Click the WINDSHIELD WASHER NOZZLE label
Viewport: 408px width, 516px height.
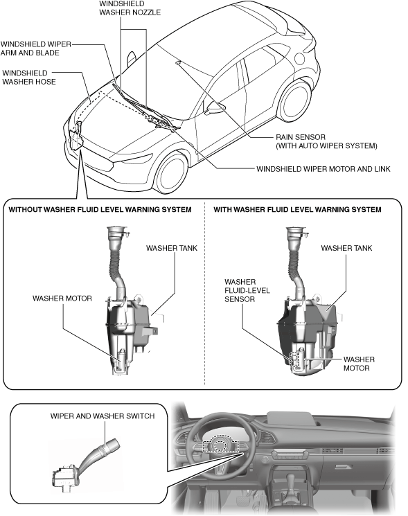pyautogui.click(x=130, y=8)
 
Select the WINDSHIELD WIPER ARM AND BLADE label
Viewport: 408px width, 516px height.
pyautogui.click(x=35, y=48)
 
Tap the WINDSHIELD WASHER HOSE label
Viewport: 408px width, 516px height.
pyautogui.click(x=29, y=78)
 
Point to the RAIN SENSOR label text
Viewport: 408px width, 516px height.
pyautogui.click(x=301, y=137)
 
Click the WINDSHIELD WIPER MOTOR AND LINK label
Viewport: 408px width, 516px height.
pyautogui.click(x=323, y=169)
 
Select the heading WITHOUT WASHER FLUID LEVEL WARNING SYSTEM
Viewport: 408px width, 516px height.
pyautogui.click(x=100, y=210)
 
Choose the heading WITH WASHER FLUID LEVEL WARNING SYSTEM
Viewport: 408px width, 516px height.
pyautogui.click(x=297, y=210)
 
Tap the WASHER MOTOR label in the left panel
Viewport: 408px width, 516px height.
pyautogui.click(x=62, y=299)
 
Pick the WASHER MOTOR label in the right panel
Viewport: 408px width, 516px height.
pyautogui.click(x=359, y=364)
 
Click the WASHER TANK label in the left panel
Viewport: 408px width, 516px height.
pyautogui.click(x=172, y=248)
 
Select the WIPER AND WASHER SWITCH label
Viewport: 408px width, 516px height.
pyautogui.click(x=103, y=416)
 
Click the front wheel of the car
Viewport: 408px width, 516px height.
pyautogui.click(x=171, y=172)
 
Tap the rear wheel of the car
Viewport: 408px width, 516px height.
pyautogui.click(x=294, y=100)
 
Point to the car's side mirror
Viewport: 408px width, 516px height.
pyautogui.click(x=215, y=107)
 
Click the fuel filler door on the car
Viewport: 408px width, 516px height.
pyautogui.click(x=301, y=59)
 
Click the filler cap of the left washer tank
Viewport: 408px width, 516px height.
pyautogui.click(x=117, y=229)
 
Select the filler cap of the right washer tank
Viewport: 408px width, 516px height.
pyautogui.click(x=296, y=229)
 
